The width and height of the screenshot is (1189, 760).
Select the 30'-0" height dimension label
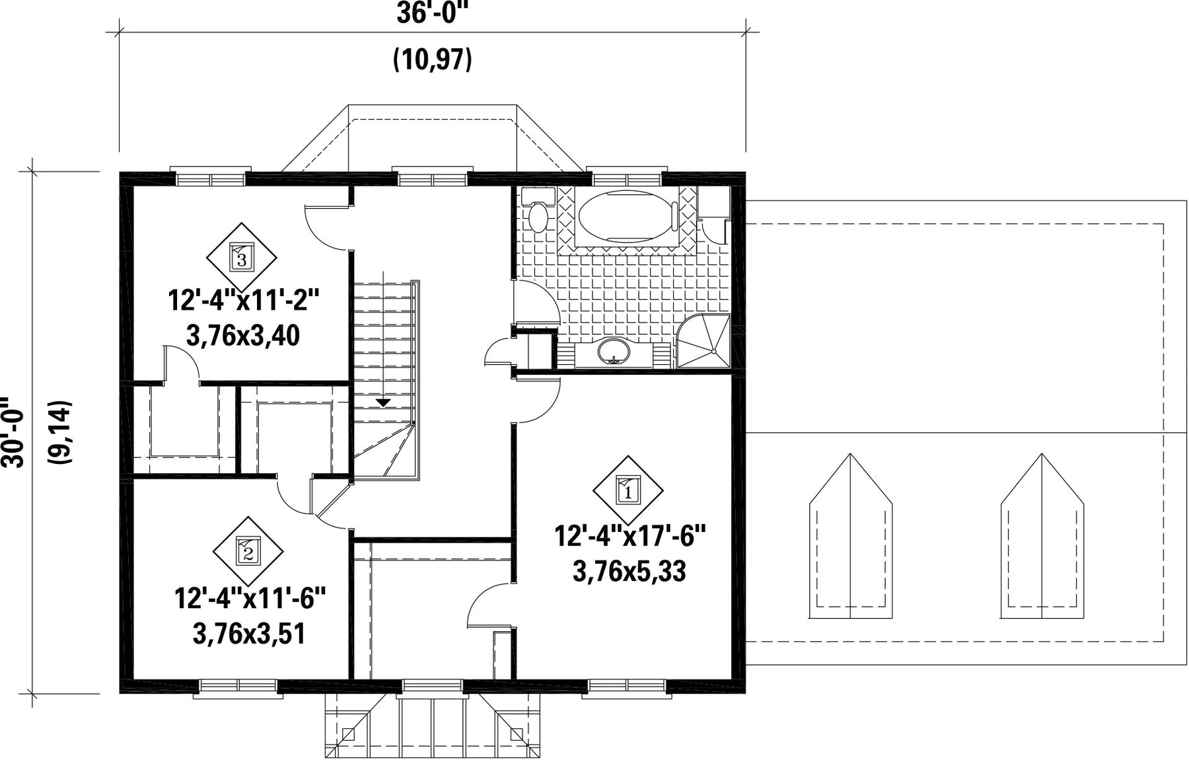coord(13,433)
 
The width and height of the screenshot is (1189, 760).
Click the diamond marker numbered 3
coord(241,256)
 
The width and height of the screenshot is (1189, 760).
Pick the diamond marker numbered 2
coord(248,551)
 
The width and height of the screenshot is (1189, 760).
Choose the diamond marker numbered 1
coord(628,490)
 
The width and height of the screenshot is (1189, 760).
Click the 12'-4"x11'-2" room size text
coord(244,301)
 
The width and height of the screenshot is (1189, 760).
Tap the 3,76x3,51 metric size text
coord(249,634)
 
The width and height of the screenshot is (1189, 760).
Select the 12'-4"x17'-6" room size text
coord(630,536)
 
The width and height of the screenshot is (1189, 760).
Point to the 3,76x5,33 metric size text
coord(630,572)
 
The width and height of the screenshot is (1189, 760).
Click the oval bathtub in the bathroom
coord(628,215)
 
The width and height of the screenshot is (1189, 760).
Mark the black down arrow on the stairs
coord(383,402)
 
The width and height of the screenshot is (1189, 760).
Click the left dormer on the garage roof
coord(851,536)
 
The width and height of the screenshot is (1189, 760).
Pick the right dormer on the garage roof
coord(1042,536)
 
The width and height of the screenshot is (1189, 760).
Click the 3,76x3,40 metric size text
coord(243,336)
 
